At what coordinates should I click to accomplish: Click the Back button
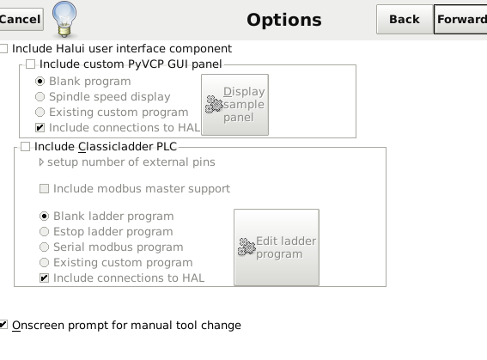click(x=405, y=19)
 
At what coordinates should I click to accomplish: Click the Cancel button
click(x=21, y=19)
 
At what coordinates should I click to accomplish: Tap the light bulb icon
click(x=64, y=19)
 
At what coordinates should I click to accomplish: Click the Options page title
click(x=284, y=20)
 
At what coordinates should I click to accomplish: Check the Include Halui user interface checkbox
click(x=3, y=48)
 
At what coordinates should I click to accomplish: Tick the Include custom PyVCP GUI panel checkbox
click(x=30, y=64)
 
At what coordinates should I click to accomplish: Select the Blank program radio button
click(x=40, y=82)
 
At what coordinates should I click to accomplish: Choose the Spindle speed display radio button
click(x=40, y=96)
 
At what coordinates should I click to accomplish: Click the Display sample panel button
click(x=234, y=105)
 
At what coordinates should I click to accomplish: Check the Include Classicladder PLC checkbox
click(x=25, y=146)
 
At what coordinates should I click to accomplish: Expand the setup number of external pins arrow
click(x=41, y=162)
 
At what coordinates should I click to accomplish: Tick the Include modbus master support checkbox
click(x=44, y=188)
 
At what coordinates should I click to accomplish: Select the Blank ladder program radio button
click(x=44, y=217)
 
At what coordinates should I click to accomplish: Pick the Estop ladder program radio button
click(x=44, y=231)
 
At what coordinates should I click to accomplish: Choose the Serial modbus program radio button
click(x=44, y=247)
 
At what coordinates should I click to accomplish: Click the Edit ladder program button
click(x=277, y=247)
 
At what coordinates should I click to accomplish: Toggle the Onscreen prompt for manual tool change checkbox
click(x=3, y=325)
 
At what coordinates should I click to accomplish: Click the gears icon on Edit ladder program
click(x=247, y=247)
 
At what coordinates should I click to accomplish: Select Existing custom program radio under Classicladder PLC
click(x=44, y=262)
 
